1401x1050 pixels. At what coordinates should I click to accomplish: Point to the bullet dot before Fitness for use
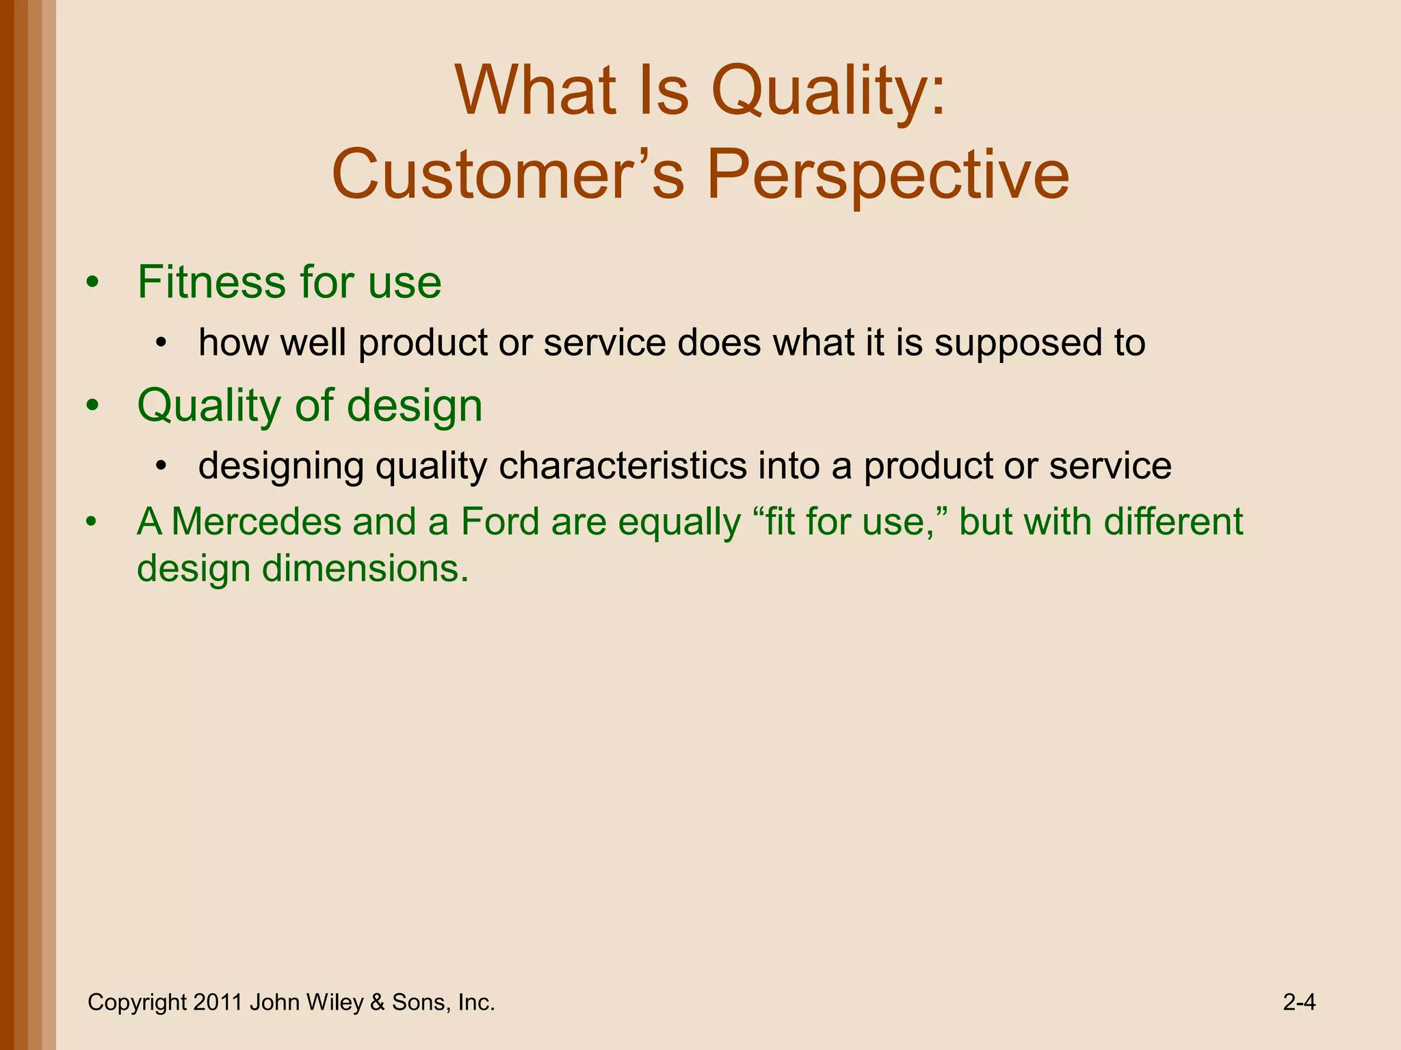point(93,282)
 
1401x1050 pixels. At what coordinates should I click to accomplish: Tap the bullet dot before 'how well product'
point(161,343)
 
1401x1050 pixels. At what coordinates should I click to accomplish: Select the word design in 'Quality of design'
point(415,405)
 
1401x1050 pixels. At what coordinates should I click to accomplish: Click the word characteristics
point(622,466)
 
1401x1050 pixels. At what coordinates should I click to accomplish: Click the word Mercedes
point(256,522)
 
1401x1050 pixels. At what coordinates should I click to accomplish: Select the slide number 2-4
point(1299,1002)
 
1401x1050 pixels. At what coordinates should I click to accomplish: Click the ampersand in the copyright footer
point(377,1002)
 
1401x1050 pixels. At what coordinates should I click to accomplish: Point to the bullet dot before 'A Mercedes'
point(93,522)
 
